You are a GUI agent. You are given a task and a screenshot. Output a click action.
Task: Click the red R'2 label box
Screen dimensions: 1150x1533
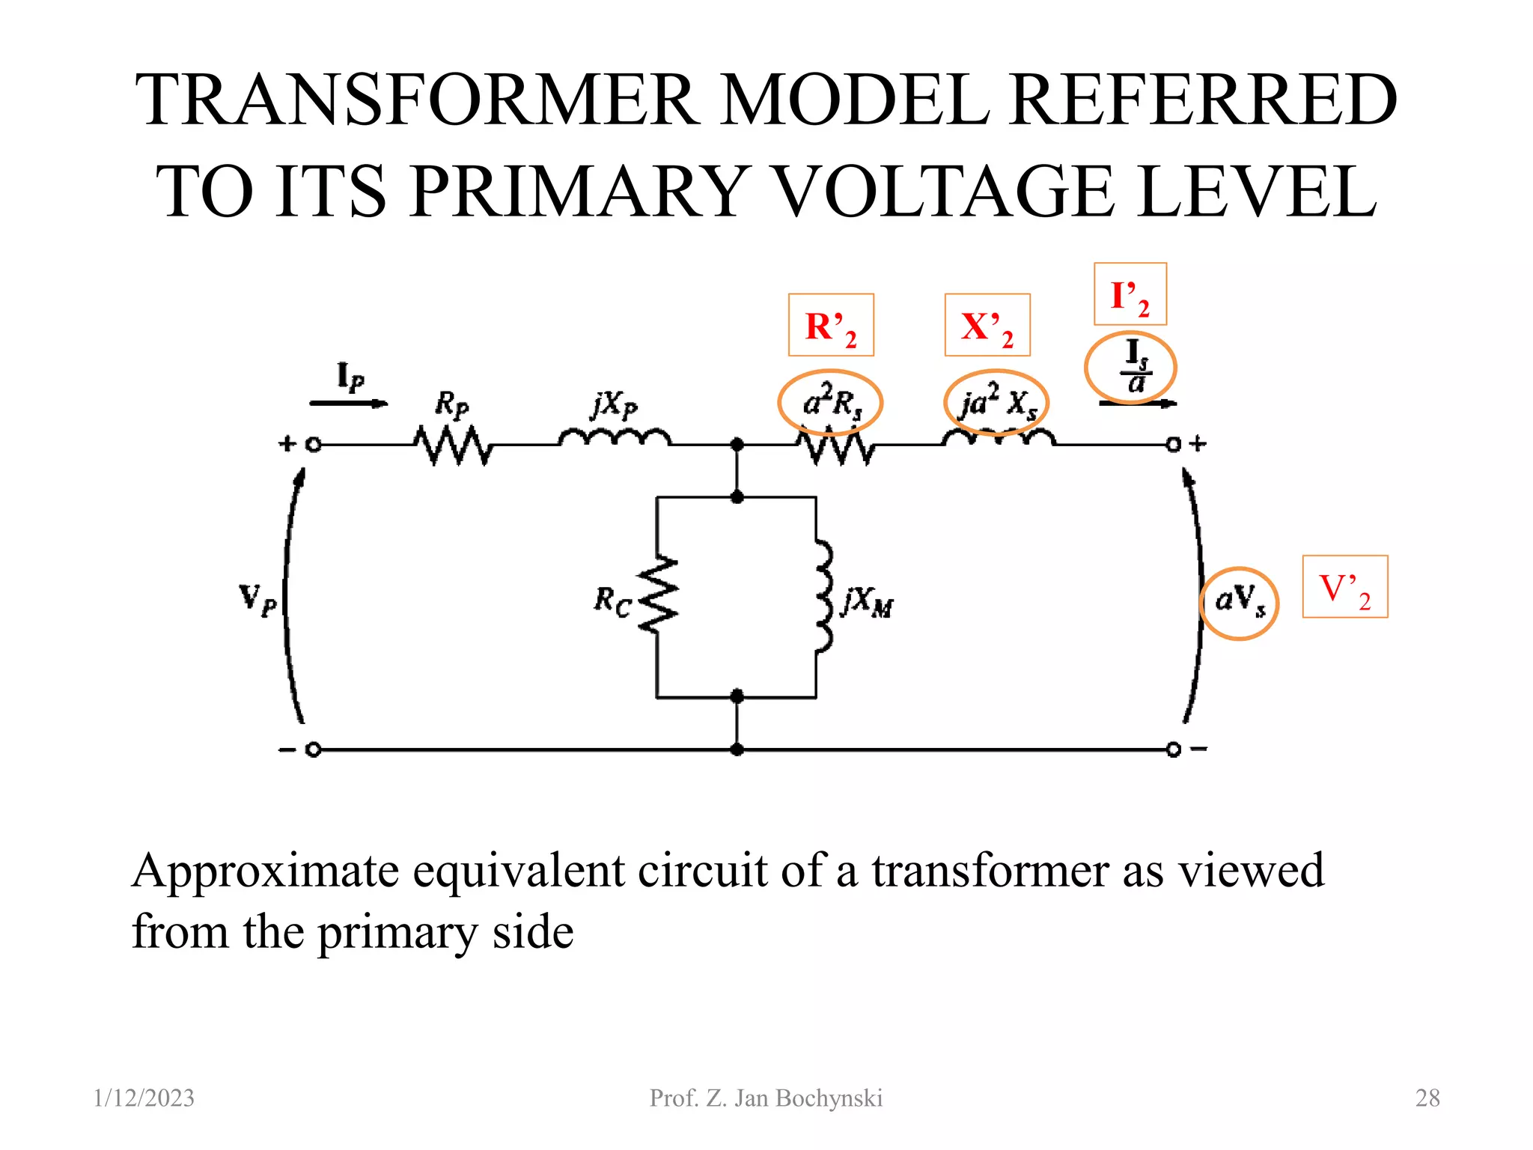831,325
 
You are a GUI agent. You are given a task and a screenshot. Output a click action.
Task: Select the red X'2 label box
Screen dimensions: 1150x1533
987,325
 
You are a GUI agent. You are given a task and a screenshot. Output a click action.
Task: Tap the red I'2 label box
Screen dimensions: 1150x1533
1130,294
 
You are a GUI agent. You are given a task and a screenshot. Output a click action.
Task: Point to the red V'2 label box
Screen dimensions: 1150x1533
1344,586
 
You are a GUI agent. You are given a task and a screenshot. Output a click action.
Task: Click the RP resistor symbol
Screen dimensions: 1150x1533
454,445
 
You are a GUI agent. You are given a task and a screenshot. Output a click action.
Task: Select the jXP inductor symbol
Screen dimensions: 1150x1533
615,437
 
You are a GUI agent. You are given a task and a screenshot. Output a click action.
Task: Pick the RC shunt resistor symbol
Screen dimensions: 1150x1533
658,595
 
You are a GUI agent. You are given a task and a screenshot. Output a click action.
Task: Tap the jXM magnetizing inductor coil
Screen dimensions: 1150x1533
823,595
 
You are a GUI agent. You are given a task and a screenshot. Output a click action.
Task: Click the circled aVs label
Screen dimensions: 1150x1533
1239,603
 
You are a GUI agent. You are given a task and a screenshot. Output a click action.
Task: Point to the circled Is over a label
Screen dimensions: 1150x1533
1130,368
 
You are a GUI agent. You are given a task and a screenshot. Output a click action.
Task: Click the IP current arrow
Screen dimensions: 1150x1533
348,404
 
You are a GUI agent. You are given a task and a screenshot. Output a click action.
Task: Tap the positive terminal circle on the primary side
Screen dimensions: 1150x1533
314,445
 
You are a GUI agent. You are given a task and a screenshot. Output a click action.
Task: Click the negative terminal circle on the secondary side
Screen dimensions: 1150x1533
1173,749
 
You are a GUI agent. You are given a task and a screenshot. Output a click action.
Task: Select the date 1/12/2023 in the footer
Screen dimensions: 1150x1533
144,1098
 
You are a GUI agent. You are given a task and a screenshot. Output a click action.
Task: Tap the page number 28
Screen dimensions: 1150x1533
1427,1098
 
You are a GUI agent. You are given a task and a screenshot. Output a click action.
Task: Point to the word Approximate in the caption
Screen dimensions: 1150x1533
266,871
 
